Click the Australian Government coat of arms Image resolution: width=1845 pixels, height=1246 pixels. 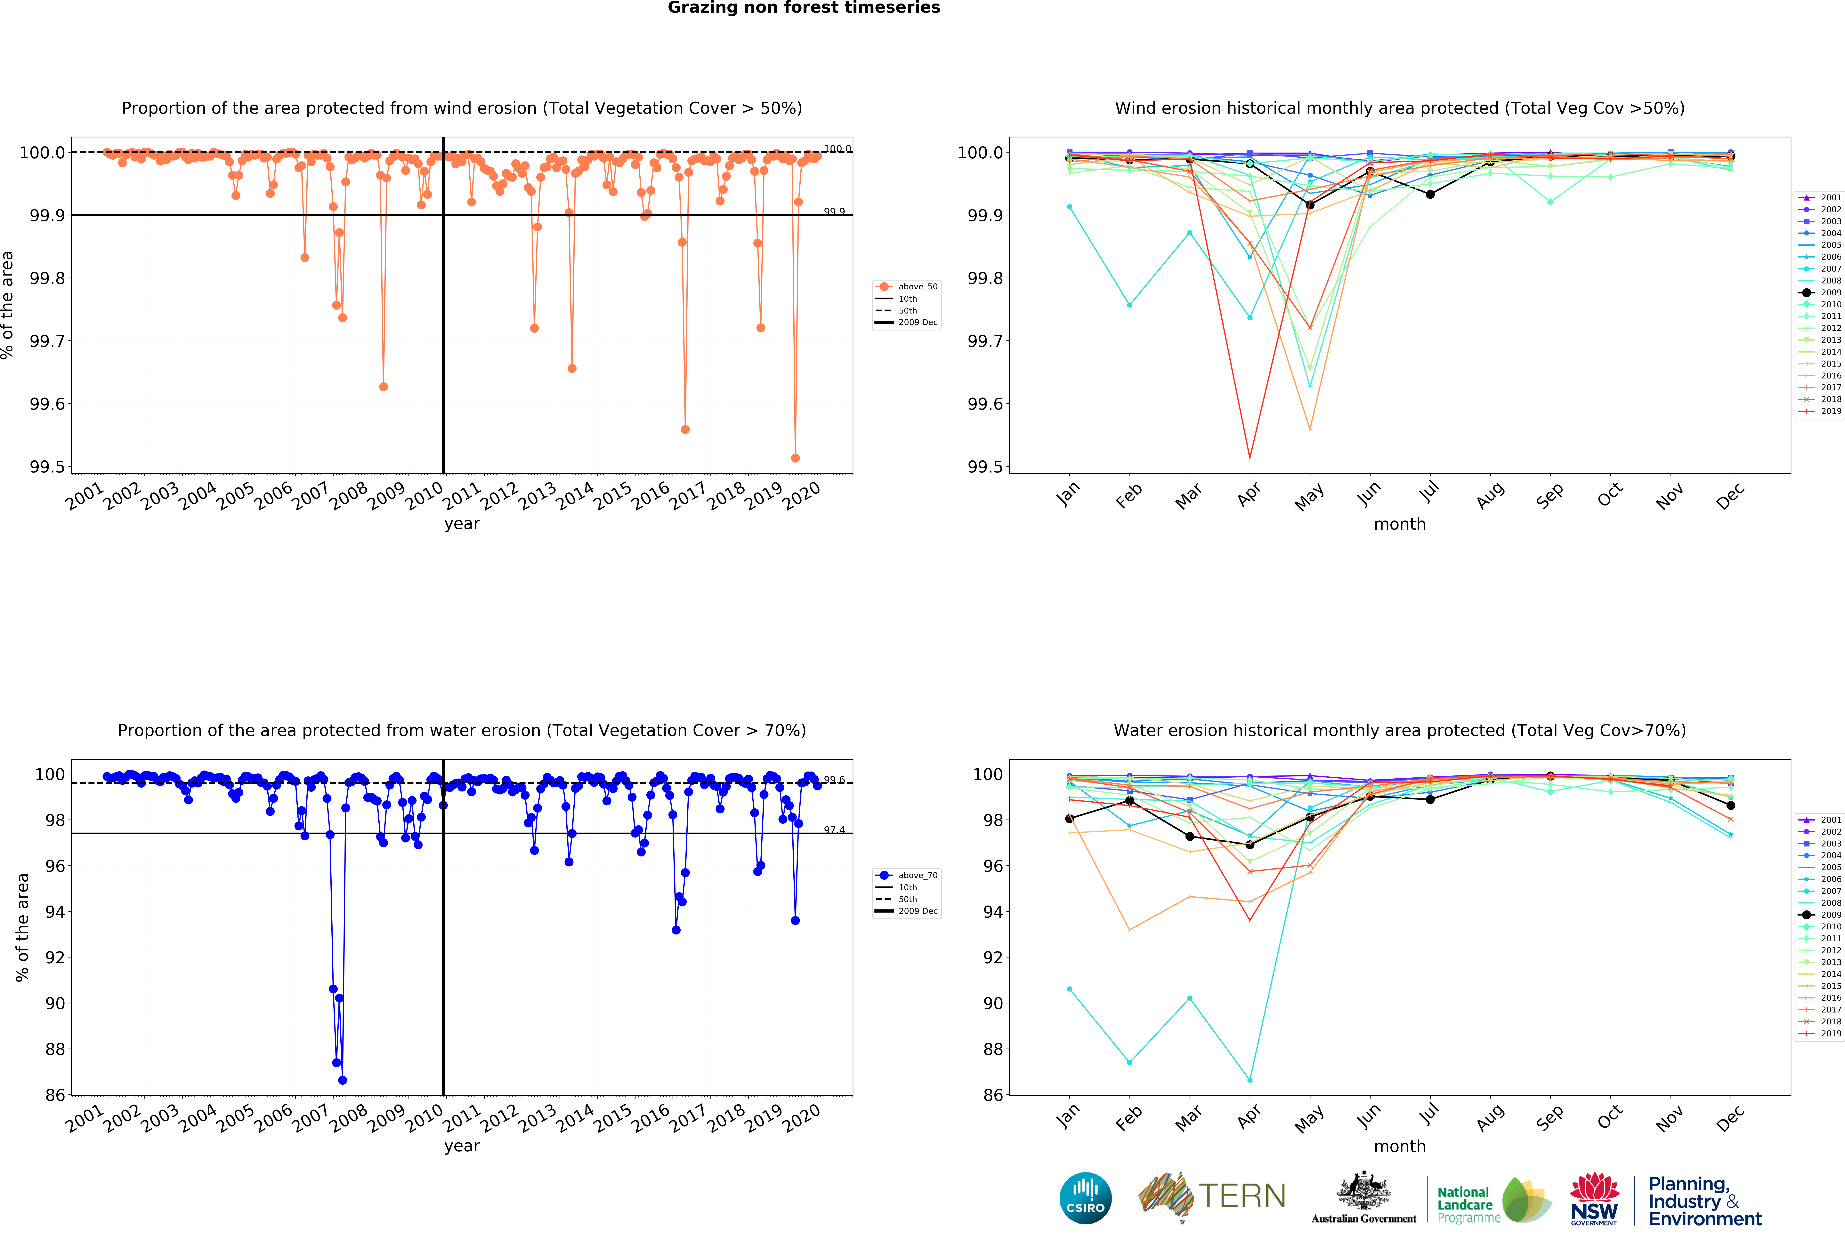(x=1363, y=1190)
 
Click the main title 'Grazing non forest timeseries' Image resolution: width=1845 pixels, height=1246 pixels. (x=803, y=8)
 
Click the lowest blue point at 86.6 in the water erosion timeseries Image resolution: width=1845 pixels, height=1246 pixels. (x=342, y=1080)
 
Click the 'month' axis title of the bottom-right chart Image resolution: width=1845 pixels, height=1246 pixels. (x=1400, y=1146)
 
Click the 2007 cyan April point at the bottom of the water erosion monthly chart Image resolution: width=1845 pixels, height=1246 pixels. (x=1250, y=1080)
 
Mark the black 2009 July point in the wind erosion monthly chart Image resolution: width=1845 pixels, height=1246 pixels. (x=1430, y=194)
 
